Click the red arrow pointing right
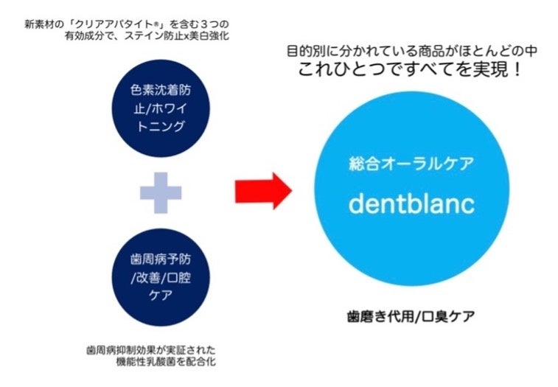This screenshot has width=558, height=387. tap(263, 191)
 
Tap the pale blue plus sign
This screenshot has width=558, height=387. tap(161, 192)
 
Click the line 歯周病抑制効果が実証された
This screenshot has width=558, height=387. tap(150, 348)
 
